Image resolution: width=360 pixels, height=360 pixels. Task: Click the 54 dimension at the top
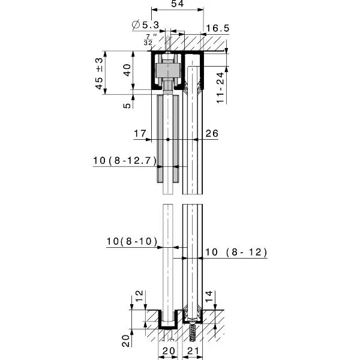click(178, 4)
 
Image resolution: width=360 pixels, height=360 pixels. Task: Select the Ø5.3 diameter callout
click(146, 25)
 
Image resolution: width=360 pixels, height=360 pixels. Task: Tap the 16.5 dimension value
click(218, 28)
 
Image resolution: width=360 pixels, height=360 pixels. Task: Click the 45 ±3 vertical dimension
click(100, 73)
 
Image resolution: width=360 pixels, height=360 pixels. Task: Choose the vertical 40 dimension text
click(127, 70)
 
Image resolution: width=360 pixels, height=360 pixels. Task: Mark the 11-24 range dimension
click(220, 88)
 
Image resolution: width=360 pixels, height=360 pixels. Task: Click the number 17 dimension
click(140, 133)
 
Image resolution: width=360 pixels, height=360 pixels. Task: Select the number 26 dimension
click(212, 133)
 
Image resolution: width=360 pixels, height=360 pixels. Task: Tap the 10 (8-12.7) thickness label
click(125, 160)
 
